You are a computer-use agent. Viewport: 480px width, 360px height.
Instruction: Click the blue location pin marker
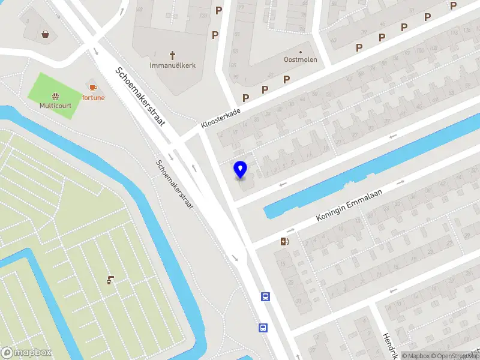[241, 170]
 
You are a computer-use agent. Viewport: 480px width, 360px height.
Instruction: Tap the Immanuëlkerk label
[173, 65]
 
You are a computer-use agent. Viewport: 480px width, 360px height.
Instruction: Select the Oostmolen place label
[300, 59]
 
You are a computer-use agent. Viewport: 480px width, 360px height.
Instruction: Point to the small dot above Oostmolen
[301, 52]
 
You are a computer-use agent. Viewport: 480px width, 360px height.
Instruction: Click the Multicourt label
[55, 106]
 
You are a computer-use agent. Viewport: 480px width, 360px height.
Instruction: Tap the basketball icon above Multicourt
[55, 95]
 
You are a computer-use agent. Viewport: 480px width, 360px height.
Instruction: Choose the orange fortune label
[93, 97]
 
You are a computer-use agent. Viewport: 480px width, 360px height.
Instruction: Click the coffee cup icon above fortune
[92, 88]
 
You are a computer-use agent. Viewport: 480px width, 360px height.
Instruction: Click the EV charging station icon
[284, 242]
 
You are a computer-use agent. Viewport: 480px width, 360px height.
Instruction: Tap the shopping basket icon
[46, 34]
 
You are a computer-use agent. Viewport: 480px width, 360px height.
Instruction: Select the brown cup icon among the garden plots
[110, 280]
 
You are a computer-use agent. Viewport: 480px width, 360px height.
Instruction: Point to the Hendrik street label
[388, 344]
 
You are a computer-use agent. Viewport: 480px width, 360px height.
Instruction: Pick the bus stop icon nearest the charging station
[265, 296]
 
